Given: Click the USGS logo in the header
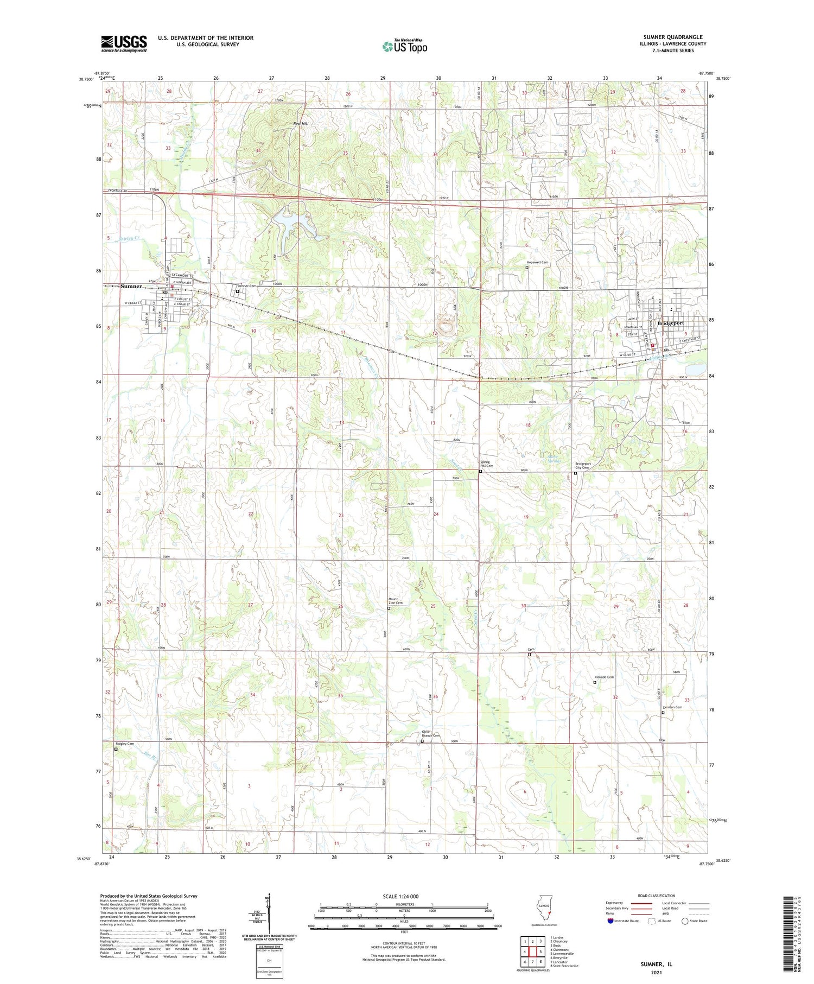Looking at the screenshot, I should coord(124,43).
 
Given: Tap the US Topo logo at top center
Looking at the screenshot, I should coord(404,47).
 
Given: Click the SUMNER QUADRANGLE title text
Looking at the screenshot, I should coord(673,37).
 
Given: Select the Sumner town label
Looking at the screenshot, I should coord(131,286).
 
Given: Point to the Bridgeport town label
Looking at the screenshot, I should coord(670,323).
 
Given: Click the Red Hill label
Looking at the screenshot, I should coord(301,124).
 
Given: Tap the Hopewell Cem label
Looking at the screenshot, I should coord(537,262).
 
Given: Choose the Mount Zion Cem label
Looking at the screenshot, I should coord(396,601).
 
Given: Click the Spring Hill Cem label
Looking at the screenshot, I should coord(486,465).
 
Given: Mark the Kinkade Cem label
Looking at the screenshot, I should coord(604,677).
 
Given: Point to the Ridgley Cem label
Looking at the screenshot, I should coord(124,744).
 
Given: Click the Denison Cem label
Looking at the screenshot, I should coord(672,707).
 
